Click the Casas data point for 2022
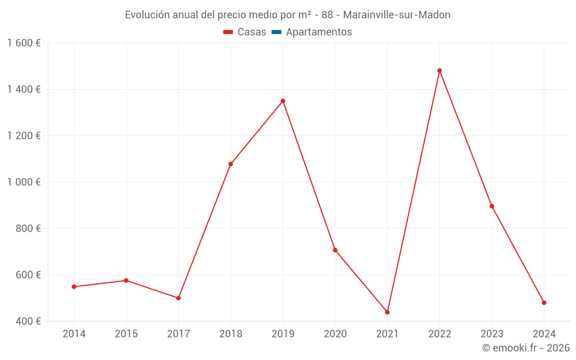click(x=439, y=71)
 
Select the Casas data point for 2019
click(x=283, y=101)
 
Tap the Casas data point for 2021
click(x=387, y=312)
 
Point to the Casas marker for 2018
click(x=230, y=164)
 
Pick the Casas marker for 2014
click(x=74, y=287)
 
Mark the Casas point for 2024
click(x=544, y=303)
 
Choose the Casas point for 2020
click(x=335, y=250)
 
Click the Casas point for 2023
click(x=491, y=206)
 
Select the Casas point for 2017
click(x=178, y=298)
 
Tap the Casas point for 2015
click(x=126, y=281)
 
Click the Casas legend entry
click(x=245, y=32)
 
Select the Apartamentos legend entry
click(x=312, y=32)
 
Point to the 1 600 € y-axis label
click(x=24, y=43)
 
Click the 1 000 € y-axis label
click(x=24, y=182)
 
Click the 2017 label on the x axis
click(x=178, y=334)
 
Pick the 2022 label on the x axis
click(x=439, y=334)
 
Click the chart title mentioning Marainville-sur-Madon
click(x=287, y=15)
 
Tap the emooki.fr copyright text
click(x=525, y=348)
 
